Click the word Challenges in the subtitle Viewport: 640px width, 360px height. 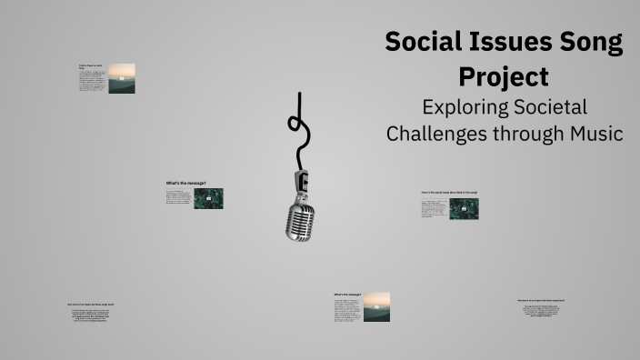pos(435,134)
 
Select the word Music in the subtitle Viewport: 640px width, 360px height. pos(596,134)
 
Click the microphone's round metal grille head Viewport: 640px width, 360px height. pos(300,221)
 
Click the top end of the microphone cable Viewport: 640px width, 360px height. pos(299,93)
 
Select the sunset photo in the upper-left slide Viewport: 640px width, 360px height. pos(122,78)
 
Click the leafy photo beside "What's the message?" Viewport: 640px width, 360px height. pos(208,198)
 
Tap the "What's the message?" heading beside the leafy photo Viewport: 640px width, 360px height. pos(179,183)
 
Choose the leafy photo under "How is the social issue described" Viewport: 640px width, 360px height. pos(464,209)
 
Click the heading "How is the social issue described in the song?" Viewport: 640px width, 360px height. pos(449,193)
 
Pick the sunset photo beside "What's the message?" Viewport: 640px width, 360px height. pos(376,307)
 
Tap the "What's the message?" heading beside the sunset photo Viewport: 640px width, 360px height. pos(347,295)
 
